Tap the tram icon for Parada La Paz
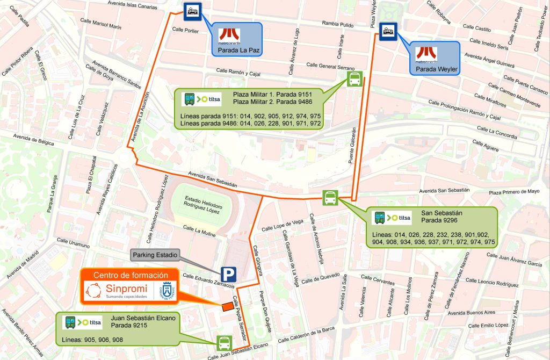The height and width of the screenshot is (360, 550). [x=192, y=11]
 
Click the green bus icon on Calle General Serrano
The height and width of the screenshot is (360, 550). [x=354, y=80]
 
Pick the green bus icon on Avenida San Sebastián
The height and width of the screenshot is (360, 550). [x=330, y=198]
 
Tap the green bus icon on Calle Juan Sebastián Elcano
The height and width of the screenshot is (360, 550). [x=224, y=342]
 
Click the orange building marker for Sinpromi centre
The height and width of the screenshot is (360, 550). [x=228, y=306]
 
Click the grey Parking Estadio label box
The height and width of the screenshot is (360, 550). [x=155, y=255]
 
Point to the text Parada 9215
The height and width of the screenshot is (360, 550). [x=129, y=325]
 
